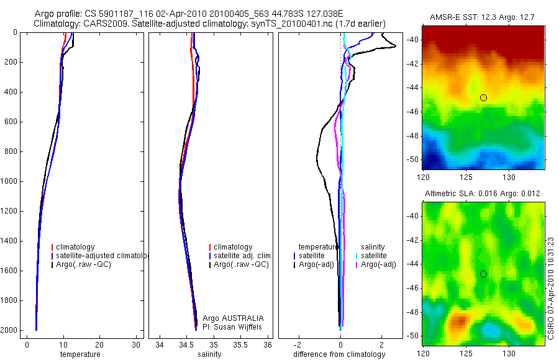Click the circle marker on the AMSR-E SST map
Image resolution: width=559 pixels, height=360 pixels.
coord(483,97)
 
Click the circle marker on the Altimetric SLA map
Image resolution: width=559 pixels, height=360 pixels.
coord(483,274)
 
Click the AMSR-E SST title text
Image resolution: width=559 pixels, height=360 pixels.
coord(483,19)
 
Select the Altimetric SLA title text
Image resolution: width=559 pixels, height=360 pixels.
coord(483,194)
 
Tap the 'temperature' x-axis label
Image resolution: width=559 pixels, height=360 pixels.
coord(80,354)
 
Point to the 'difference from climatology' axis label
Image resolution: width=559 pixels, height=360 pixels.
coord(339,354)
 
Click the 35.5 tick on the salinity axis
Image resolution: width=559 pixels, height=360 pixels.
coord(240,344)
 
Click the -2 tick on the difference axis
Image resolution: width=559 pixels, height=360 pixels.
coord(298,344)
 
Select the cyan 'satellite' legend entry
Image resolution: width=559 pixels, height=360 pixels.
coord(374,256)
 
